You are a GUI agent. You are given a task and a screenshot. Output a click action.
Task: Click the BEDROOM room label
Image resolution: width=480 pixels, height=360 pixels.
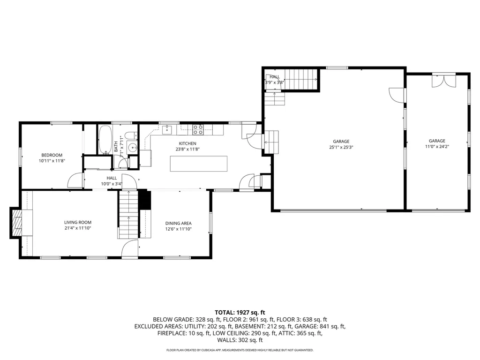click(x=52, y=155)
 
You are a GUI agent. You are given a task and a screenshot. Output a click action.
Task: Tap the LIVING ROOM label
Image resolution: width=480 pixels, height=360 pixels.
click(x=78, y=223)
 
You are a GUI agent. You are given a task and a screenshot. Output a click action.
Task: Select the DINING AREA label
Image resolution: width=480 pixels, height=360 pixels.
click(x=179, y=224)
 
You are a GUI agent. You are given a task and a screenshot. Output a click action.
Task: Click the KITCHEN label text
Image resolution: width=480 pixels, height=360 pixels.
click(x=187, y=143)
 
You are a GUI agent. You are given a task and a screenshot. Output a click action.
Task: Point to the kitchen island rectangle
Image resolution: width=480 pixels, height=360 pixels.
click(x=199, y=164)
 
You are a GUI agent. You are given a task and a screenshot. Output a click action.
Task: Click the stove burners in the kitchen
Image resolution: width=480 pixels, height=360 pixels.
click(x=198, y=130)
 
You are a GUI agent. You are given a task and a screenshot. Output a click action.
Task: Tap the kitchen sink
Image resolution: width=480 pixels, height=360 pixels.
click(x=167, y=129)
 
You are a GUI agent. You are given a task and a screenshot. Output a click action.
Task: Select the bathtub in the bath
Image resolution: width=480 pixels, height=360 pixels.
click(x=105, y=140)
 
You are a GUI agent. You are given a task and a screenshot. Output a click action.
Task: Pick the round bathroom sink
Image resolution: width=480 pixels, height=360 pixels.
click(x=132, y=147)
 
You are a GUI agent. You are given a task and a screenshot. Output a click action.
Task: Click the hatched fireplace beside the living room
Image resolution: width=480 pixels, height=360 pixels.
click(x=17, y=223)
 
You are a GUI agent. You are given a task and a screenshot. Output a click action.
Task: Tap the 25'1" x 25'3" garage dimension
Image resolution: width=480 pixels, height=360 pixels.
click(x=341, y=147)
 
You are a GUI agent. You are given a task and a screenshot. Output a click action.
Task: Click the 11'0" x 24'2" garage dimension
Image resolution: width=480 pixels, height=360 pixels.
click(x=437, y=147)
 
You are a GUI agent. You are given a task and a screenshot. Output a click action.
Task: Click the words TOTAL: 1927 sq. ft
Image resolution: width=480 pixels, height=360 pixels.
click(x=240, y=313)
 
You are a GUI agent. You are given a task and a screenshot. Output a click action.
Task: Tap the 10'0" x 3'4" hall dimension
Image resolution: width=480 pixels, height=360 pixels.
click(x=112, y=184)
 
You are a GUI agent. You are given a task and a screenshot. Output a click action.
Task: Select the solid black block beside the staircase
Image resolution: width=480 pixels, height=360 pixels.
click(x=144, y=200)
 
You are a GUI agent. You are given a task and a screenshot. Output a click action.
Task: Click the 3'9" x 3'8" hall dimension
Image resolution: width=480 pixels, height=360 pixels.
click(x=275, y=82)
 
